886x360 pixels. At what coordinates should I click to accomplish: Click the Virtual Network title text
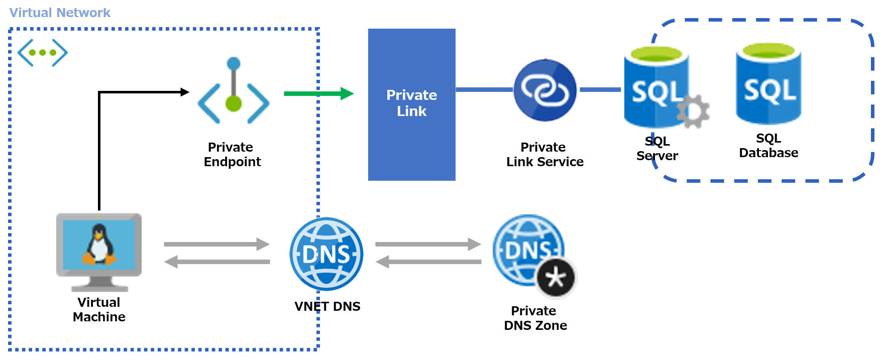[60, 13]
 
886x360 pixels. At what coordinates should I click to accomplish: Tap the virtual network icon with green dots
[43, 52]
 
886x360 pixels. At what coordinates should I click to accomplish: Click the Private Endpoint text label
[232, 154]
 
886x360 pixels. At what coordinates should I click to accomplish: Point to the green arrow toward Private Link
[318, 93]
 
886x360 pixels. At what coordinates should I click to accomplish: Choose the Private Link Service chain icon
[545, 90]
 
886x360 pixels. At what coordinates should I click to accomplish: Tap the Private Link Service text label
[544, 154]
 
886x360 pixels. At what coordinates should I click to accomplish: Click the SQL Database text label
[768, 146]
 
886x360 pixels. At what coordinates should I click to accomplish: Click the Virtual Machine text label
[99, 309]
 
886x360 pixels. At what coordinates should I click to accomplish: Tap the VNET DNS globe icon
[326, 254]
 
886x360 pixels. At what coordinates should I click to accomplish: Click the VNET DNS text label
[327, 306]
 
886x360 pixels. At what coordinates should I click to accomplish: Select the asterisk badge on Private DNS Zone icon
[556, 278]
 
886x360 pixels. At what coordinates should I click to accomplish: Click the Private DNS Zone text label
[535, 318]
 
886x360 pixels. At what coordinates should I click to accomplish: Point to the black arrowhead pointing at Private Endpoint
[185, 92]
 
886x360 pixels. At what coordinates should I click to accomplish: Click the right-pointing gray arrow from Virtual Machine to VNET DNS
[216, 245]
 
